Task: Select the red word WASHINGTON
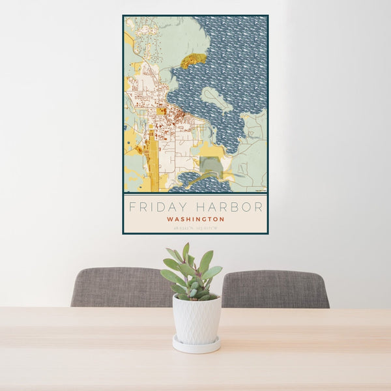pyautogui.click(x=195, y=220)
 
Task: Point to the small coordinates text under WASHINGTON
pyautogui.click(x=195, y=228)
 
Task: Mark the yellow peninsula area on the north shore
pyautogui.click(x=193, y=61)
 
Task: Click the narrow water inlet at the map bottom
pyautogui.click(x=195, y=181)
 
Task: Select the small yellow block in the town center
pyautogui.click(x=161, y=111)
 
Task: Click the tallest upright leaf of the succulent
pyautogui.click(x=186, y=253)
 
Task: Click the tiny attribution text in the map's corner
pyautogui.click(x=261, y=190)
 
